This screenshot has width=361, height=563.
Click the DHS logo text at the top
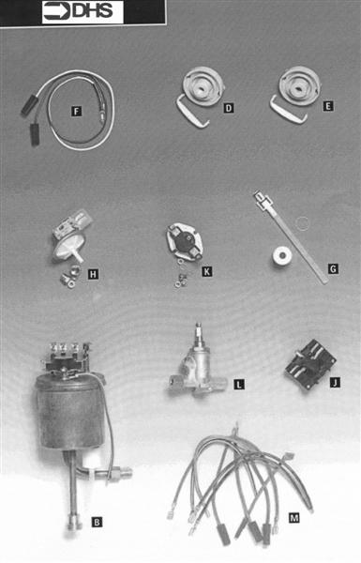click(92, 11)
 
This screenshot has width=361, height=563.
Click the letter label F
click(76, 112)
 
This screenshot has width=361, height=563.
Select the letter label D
click(229, 108)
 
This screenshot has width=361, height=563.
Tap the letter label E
click(327, 106)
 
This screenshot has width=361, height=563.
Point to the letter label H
click(93, 275)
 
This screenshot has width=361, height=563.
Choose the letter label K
click(206, 271)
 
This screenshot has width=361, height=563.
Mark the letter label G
click(333, 268)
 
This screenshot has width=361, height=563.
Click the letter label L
click(238, 385)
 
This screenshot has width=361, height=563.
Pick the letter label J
click(335, 383)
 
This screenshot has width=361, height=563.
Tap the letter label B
click(97, 522)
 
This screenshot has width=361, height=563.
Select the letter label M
click(293, 517)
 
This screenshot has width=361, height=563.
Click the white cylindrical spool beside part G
click(281, 256)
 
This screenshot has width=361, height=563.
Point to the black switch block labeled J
click(310, 364)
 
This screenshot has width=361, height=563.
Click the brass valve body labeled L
click(198, 370)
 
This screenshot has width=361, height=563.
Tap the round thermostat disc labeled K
click(185, 243)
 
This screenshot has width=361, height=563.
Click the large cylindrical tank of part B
click(70, 412)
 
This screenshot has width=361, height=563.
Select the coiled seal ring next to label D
click(202, 86)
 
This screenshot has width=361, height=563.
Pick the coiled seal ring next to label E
click(299, 85)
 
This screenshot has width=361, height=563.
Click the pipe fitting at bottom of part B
click(74, 526)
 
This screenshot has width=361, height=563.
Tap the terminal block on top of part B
click(67, 358)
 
